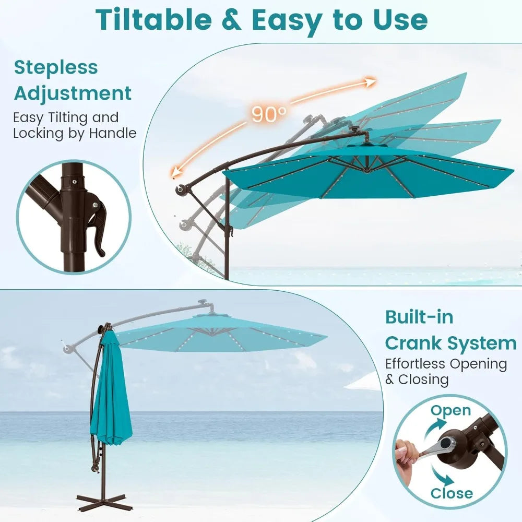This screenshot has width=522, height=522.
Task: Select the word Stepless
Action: point(56,67)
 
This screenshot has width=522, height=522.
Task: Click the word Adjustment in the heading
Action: point(73,93)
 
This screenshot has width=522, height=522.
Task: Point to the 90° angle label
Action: point(269,114)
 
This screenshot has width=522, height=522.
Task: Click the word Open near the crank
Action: point(450,410)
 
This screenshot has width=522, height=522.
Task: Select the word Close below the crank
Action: point(452,493)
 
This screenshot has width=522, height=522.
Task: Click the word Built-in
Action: point(419,317)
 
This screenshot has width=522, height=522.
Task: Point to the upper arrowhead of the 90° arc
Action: point(371,81)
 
